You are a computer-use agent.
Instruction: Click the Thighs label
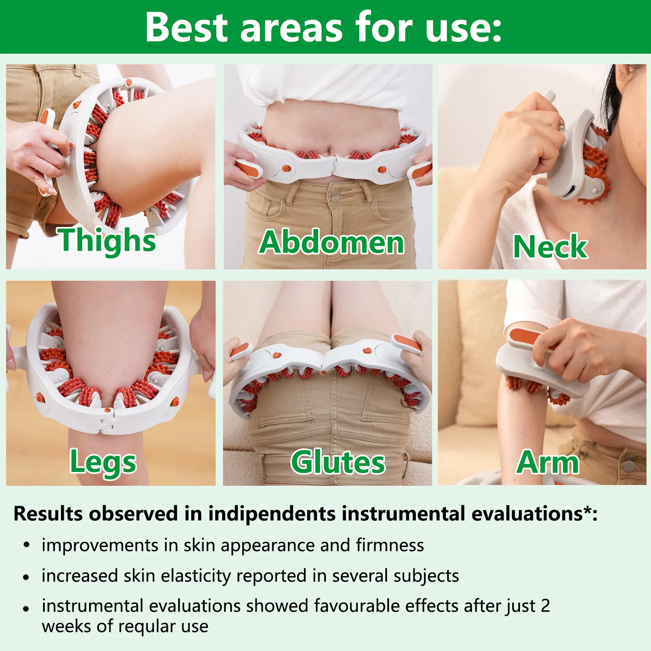(107, 240)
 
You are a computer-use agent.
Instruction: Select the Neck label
(550, 246)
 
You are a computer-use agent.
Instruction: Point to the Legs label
(103, 462)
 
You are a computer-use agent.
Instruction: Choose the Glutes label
(338, 462)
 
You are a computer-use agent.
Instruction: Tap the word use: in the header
(463, 27)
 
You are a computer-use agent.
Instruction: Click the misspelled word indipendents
(272, 513)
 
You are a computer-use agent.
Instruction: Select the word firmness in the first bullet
(390, 545)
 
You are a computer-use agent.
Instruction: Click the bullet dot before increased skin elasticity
(26, 577)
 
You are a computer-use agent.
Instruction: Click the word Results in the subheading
(48, 513)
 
